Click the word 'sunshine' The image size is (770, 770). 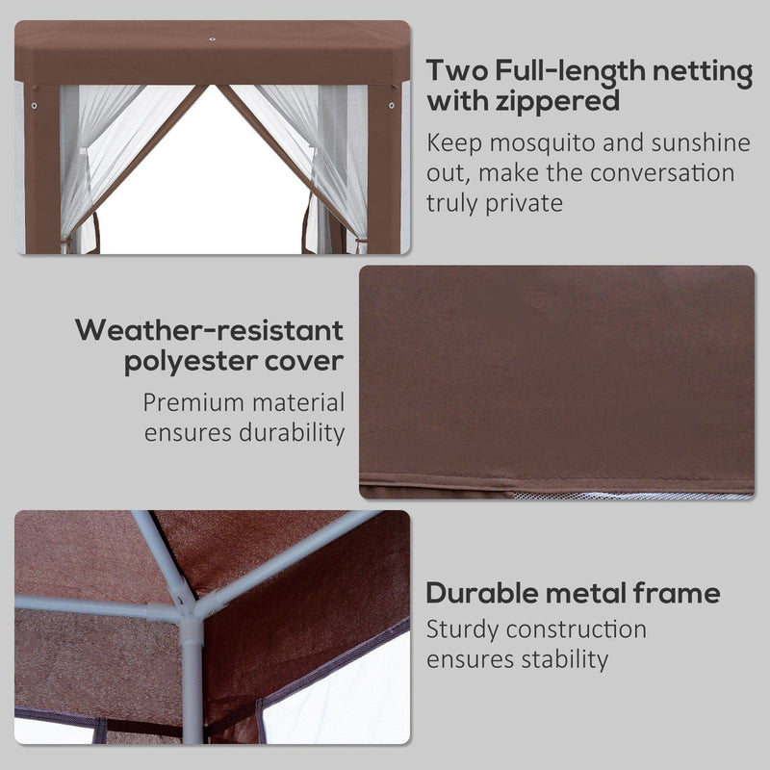point(696,143)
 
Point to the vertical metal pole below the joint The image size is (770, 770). point(192,683)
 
